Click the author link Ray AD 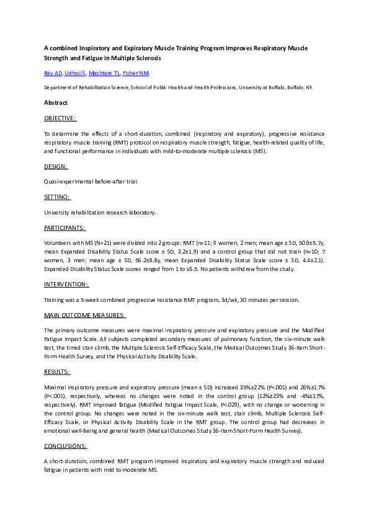point(53,74)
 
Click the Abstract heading point(56,103)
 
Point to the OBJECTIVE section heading point(60,118)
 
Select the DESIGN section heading point(56,166)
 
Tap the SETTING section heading point(57,197)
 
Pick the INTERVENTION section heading point(66,284)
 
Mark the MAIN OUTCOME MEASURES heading point(85,316)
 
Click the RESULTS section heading point(57,372)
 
